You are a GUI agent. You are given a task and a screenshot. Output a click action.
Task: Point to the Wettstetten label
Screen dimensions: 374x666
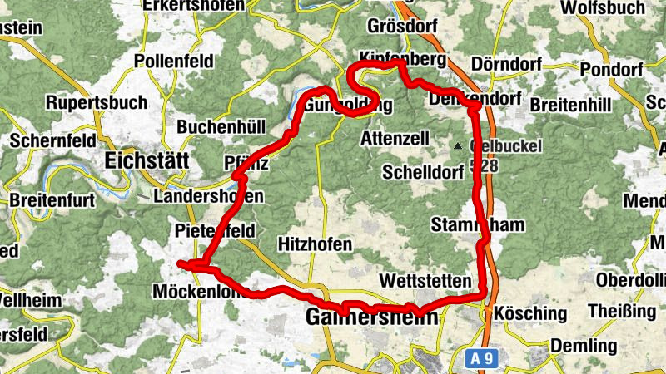pos(425,280)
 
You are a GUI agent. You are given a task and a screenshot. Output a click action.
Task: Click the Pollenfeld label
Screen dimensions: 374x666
pos(174,62)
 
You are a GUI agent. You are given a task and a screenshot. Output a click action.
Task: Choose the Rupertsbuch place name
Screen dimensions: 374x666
pos(97,103)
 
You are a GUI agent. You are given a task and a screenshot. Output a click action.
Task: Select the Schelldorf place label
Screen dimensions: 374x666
pos(420,172)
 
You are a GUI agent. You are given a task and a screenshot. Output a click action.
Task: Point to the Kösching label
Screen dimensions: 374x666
pos(530,314)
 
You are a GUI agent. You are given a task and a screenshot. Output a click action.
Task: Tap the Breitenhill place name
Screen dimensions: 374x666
pos(570,106)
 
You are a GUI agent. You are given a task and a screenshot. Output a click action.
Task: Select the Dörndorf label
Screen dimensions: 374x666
pos(505,64)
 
